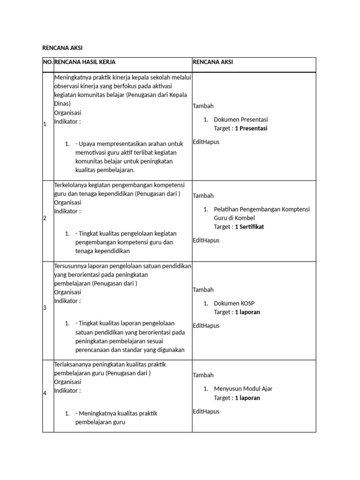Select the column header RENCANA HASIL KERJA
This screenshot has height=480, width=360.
tap(85, 62)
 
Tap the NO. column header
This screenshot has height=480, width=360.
tap(48, 62)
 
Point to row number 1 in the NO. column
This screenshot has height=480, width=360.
tap(45, 124)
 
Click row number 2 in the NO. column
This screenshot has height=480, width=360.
tap(45, 218)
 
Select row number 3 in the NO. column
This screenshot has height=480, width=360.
tap(45, 308)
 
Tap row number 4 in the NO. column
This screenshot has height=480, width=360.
tap(45, 393)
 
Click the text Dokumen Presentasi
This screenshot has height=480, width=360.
tap(240, 120)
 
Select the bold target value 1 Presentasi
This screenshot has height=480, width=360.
tap(251, 128)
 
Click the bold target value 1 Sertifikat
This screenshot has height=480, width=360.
tap(250, 227)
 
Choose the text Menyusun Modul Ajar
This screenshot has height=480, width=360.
tap(243, 389)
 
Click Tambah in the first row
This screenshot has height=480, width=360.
tap(203, 106)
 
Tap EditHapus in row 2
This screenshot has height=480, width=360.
tap(206, 240)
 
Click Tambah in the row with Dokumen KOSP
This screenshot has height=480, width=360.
tap(203, 290)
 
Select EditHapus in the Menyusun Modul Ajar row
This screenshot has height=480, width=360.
tap(206, 412)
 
